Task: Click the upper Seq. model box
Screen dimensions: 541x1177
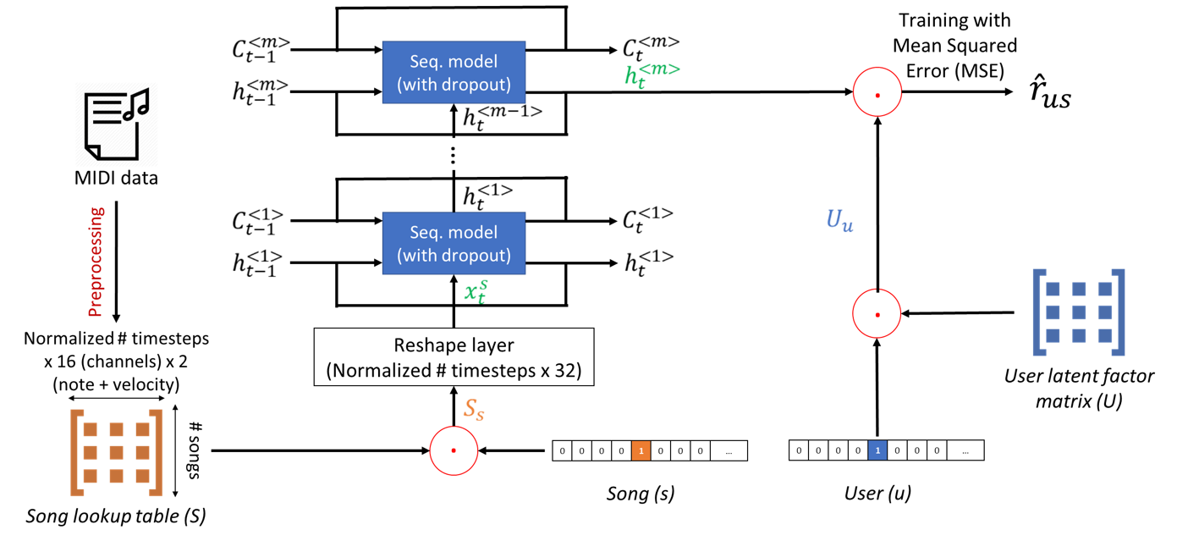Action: pyautogui.click(x=454, y=73)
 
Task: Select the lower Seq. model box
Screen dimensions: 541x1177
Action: pyautogui.click(x=454, y=243)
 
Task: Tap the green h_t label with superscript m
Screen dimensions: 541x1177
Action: pyautogui.click(x=651, y=75)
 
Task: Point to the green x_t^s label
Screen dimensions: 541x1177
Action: pyautogui.click(x=476, y=292)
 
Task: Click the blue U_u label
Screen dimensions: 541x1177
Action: pyautogui.click(x=839, y=220)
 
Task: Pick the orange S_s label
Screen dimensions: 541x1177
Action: pyautogui.click(x=474, y=410)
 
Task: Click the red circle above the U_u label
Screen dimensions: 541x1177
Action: pyautogui.click(x=877, y=91)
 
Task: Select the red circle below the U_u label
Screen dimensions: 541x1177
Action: pyautogui.click(x=877, y=313)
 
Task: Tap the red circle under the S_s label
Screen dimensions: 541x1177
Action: pyautogui.click(x=454, y=450)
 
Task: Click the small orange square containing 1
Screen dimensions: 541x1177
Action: pyautogui.click(x=641, y=450)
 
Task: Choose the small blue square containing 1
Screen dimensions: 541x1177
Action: pyautogui.click(x=877, y=450)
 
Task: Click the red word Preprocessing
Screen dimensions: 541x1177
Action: pyautogui.click(x=96, y=262)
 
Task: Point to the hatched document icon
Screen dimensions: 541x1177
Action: pyautogui.click(x=116, y=124)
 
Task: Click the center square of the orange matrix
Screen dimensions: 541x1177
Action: pyautogui.click(x=116, y=452)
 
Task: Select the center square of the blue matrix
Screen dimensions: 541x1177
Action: pyautogui.click(x=1079, y=312)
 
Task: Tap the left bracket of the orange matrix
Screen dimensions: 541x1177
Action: pyautogui.click(x=75, y=452)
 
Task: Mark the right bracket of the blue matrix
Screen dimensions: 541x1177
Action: pyautogui.click(x=1119, y=312)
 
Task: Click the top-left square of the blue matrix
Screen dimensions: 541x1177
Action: pyautogui.click(x=1053, y=289)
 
